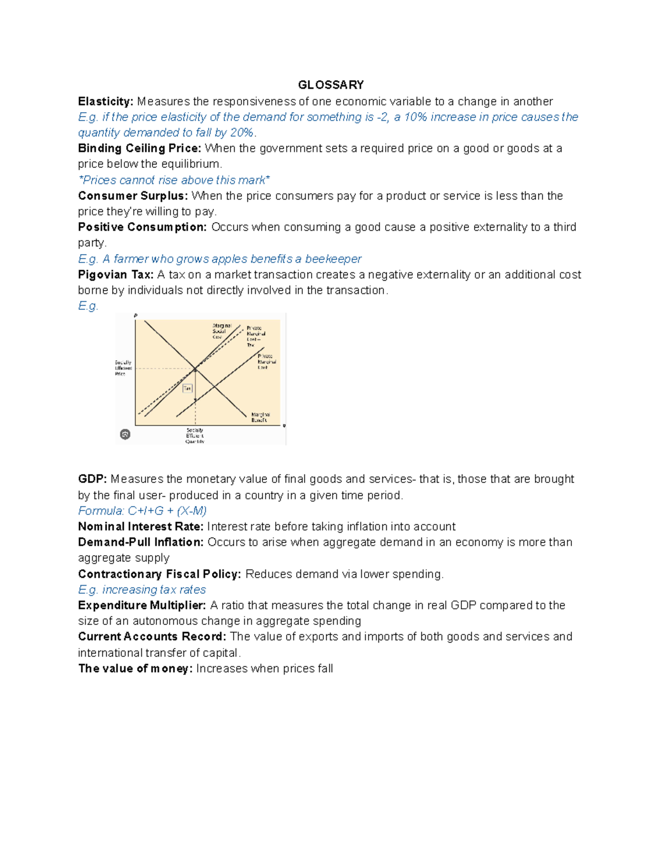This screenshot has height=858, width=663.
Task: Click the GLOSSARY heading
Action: pos(330,85)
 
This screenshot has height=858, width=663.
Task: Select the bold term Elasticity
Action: pos(106,102)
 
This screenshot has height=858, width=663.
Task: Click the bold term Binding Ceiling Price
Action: pos(140,149)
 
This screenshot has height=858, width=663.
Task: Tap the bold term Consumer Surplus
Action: pos(133,196)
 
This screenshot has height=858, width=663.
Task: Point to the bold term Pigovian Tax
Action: pos(115,275)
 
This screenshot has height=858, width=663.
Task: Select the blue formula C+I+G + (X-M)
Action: pos(142,510)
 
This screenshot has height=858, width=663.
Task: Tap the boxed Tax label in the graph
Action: pos(187,388)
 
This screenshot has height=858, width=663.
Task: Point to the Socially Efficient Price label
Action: pos(123,368)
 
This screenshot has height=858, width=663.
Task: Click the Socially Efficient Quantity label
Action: pos(194,436)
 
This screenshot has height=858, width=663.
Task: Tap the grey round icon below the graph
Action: pos(125,434)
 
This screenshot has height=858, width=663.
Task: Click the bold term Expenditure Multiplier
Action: pos(142,606)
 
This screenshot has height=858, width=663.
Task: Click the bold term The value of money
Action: pos(135,668)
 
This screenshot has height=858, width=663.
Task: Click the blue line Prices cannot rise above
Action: pos(174,180)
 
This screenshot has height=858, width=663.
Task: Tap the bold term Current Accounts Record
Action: pos(152,637)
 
